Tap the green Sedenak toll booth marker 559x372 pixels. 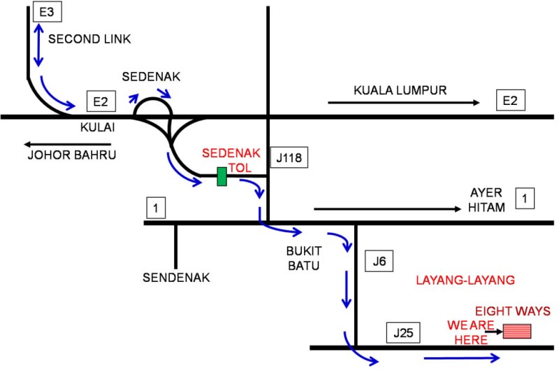[222, 177]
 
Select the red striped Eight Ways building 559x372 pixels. [516, 331]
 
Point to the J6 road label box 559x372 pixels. [379, 262]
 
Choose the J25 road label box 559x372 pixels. [402, 333]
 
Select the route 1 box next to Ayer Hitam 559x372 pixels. [524, 199]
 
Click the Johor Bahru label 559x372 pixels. [71, 155]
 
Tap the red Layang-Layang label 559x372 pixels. [465, 280]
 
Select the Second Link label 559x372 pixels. [89, 39]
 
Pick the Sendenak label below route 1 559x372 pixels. [177, 278]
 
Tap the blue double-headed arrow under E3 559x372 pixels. [37, 45]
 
